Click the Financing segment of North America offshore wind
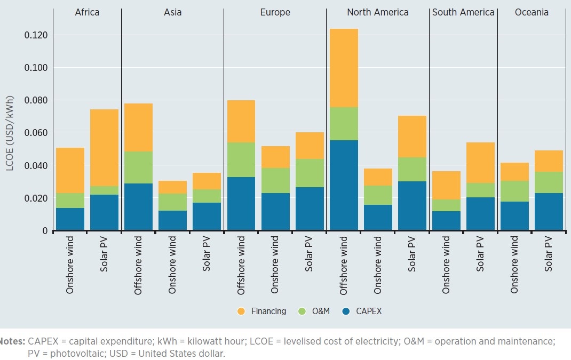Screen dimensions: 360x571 click(344, 68)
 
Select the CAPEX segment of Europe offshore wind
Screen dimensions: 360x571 click(241, 204)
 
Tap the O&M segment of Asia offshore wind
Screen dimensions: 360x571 click(138, 167)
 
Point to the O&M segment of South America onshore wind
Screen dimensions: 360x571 click(446, 205)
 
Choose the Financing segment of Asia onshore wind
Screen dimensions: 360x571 click(172, 187)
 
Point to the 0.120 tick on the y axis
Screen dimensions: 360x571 click(36, 35)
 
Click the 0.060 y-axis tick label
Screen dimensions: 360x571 click(36, 133)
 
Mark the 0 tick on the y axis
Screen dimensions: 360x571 click(45, 231)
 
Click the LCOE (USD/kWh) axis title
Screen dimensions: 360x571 click(10, 133)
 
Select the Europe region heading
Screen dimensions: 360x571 click(275, 12)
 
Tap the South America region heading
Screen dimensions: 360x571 click(463, 12)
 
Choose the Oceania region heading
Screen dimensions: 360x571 click(532, 12)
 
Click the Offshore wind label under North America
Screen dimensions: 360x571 click(344, 266)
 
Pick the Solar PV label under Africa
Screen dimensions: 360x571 click(104, 257)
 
